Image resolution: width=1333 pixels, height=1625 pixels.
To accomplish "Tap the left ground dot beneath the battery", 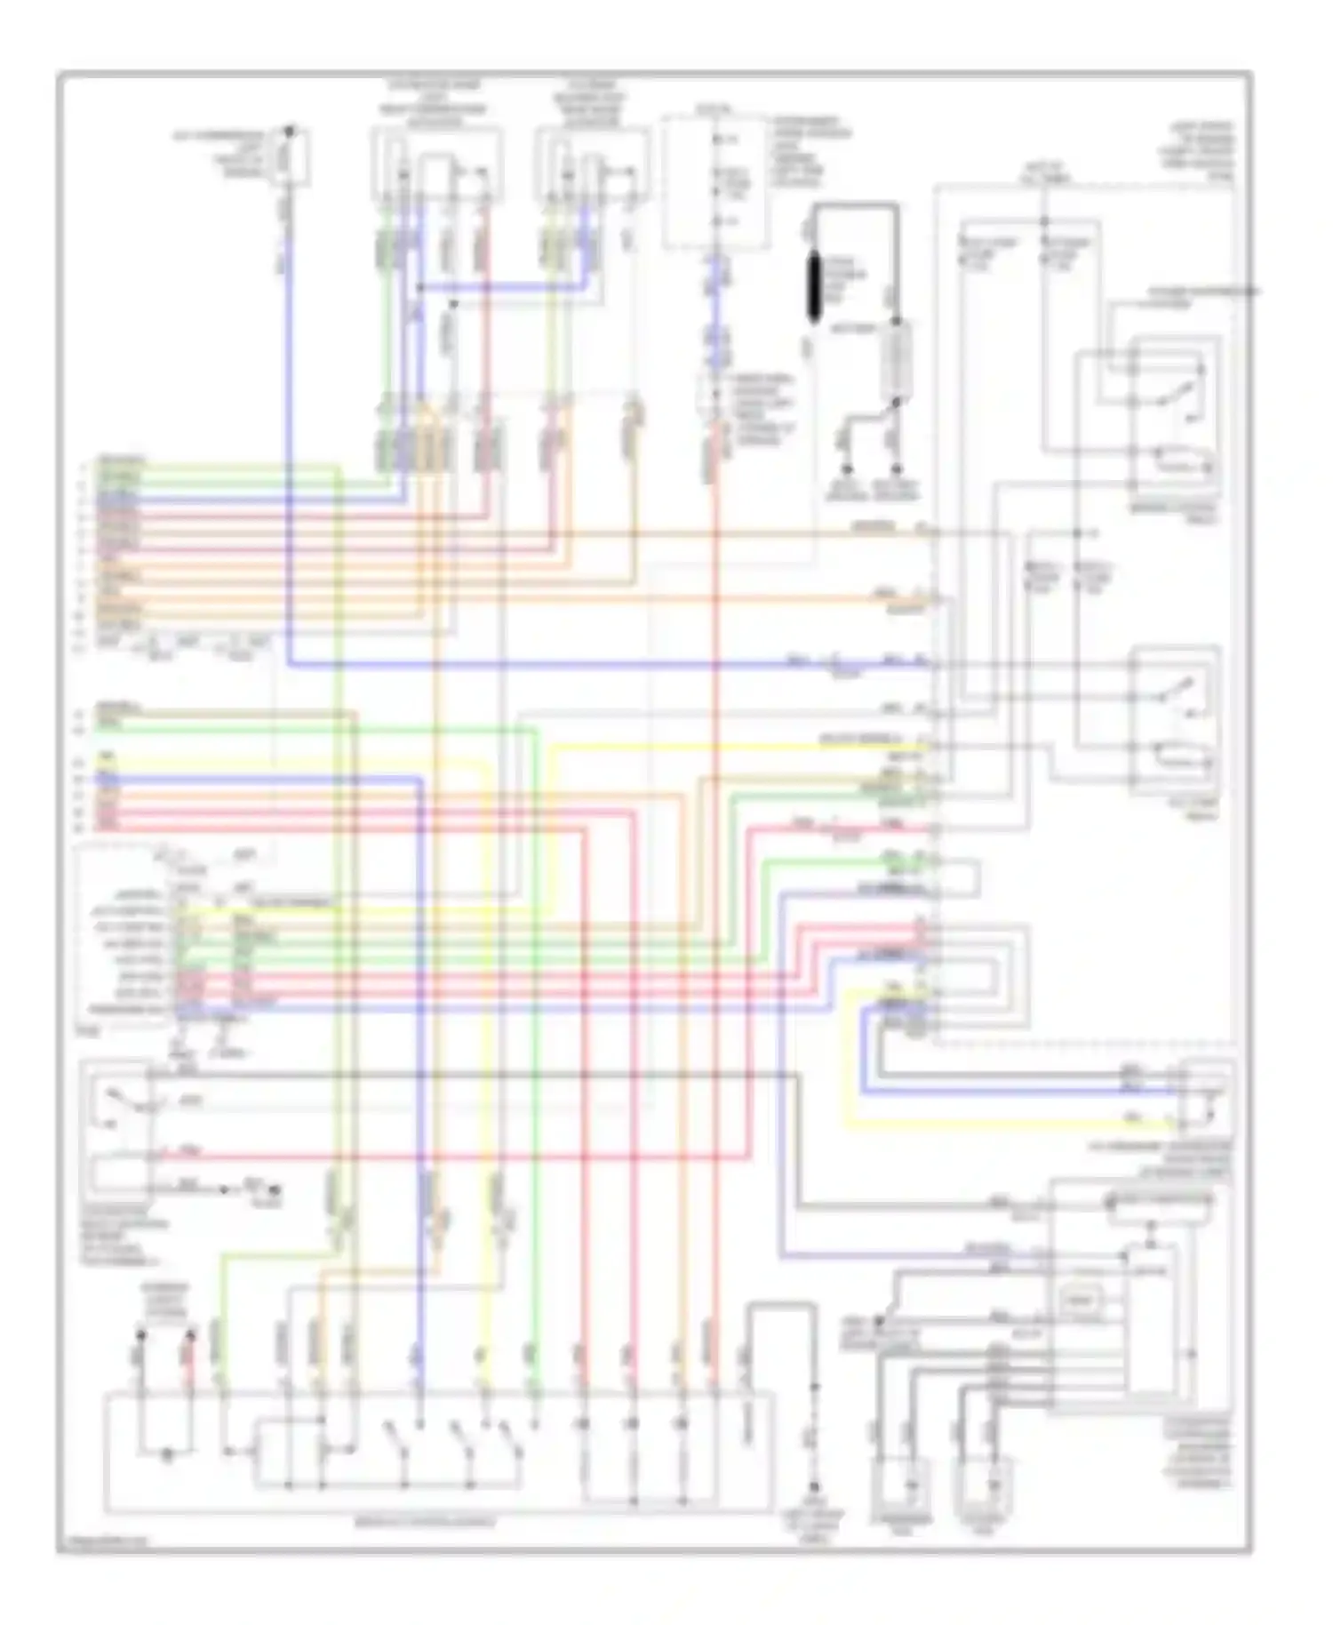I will (x=848, y=468).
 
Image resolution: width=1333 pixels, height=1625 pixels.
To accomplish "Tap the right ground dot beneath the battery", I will (x=898, y=468).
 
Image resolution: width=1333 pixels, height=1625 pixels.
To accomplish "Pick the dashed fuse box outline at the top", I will (x=716, y=180).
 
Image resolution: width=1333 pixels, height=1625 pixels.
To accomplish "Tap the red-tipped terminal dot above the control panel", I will (x=190, y=1335).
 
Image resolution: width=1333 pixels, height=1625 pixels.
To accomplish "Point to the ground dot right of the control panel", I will (x=814, y=1487).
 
